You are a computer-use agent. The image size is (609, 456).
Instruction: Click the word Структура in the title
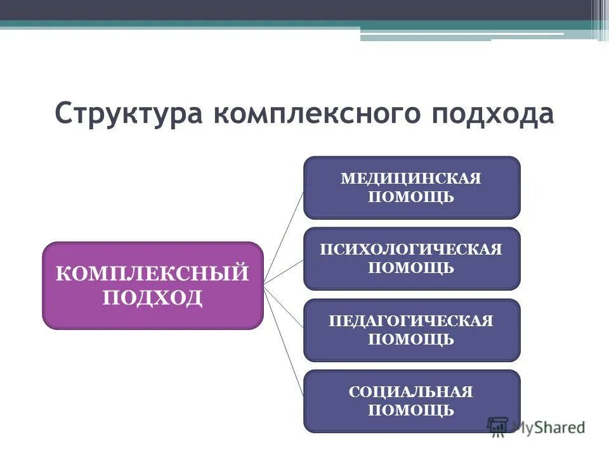(127, 114)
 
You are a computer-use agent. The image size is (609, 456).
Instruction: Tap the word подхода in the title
(483, 114)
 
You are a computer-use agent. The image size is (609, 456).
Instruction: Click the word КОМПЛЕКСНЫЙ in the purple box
(152, 274)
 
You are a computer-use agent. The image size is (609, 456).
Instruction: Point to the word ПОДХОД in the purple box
(152, 297)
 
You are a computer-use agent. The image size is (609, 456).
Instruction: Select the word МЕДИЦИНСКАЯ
(411, 178)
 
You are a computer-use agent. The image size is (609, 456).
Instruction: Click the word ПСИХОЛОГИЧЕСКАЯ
(411, 249)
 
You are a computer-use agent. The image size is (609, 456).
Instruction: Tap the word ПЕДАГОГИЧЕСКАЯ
(411, 320)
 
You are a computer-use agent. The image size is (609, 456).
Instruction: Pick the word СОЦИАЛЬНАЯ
(411, 392)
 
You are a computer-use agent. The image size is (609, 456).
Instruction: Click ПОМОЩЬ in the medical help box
(411, 196)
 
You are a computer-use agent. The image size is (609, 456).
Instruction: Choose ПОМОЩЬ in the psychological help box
(411, 267)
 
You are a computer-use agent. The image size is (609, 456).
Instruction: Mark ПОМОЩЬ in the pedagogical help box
(411, 339)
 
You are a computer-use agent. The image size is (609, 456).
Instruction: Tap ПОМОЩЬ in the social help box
(411, 410)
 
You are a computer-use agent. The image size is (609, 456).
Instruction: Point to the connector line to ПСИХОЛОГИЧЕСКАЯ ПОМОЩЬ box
(284, 272)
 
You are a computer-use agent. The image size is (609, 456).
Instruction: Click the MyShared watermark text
(549, 427)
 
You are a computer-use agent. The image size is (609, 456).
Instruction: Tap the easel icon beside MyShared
(498, 426)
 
